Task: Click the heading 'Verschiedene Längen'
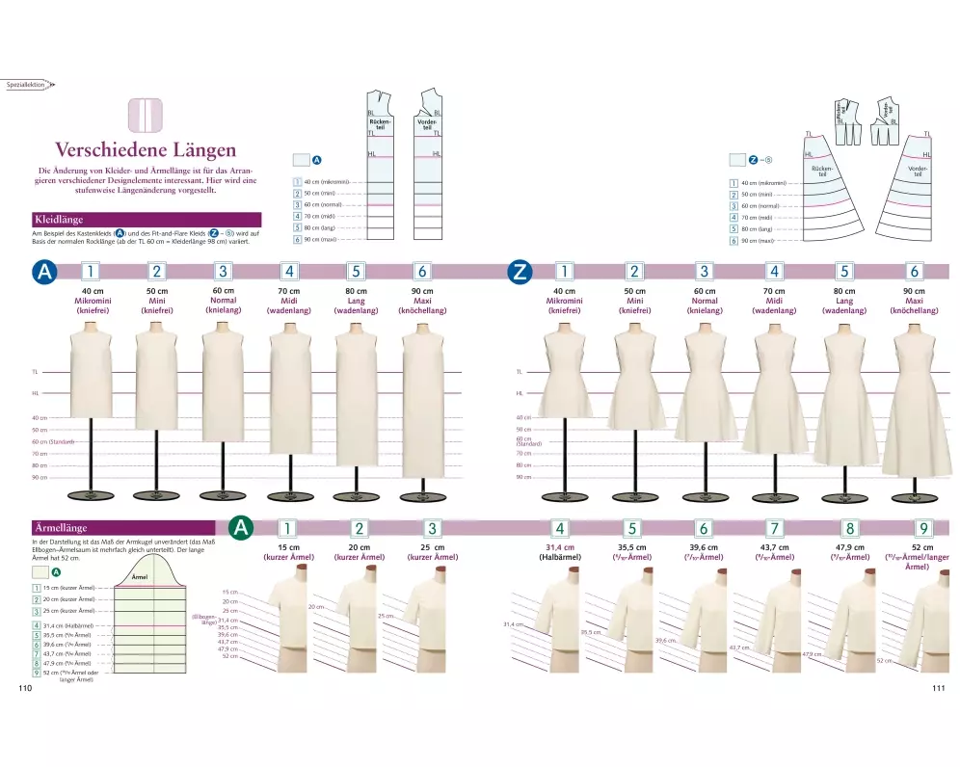[146, 149]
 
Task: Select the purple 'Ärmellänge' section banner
[62, 528]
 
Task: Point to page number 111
[937, 688]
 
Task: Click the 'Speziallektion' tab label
[26, 85]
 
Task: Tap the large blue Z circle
[520, 273]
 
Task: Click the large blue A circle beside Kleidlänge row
[44, 273]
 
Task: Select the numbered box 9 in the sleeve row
[922, 528]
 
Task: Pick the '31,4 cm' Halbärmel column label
[560, 547]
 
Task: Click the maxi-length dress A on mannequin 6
[421, 405]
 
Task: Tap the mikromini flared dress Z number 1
[566, 376]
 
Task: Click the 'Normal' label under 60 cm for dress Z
[705, 301]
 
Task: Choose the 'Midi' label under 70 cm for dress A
[289, 301]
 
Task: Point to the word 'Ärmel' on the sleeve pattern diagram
[140, 576]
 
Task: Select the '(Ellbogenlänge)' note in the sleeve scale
[204, 620]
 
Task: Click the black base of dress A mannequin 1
[91, 495]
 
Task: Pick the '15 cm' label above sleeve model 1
[286, 547]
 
